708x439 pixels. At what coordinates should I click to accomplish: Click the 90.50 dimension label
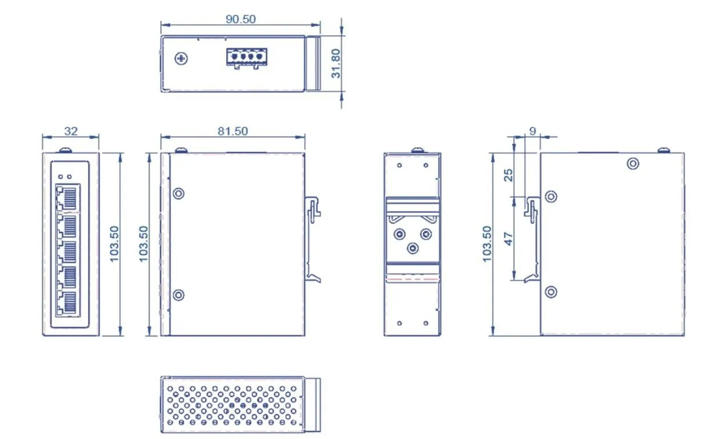[x=240, y=19]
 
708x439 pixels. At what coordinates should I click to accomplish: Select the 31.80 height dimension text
[x=337, y=63]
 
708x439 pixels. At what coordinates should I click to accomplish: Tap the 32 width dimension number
[x=70, y=131]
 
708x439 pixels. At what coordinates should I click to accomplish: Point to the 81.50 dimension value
[x=233, y=131]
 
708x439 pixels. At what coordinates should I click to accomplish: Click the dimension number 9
[x=533, y=131]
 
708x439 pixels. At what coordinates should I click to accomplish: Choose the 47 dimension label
[x=509, y=238]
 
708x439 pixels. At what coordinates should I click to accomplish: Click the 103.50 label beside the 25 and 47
[x=487, y=244]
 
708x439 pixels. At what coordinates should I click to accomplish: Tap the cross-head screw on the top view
[x=182, y=58]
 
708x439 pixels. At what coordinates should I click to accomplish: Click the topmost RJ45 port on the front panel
[x=67, y=197]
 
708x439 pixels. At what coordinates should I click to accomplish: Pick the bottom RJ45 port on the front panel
[x=67, y=302]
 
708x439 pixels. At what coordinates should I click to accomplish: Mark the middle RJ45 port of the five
[x=67, y=250]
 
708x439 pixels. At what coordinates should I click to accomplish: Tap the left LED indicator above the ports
[x=61, y=177]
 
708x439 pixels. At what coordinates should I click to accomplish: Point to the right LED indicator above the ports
[x=70, y=177]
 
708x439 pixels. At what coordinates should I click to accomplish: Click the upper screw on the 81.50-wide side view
[x=178, y=193]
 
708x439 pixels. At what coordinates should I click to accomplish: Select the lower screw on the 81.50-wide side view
[x=178, y=295]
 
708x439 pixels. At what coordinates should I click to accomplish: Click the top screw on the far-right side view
[x=633, y=164]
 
